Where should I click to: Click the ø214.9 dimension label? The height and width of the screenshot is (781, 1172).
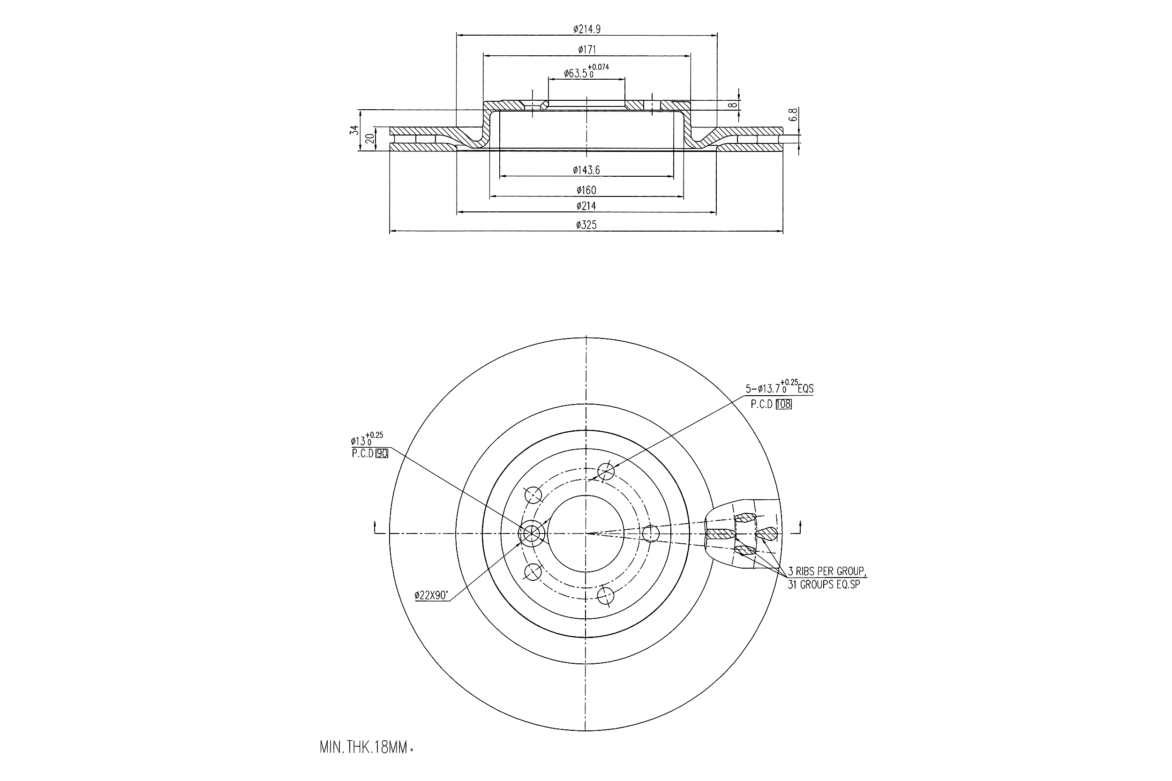[x=586, y=30]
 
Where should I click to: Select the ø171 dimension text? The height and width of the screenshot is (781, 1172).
[x=586, y=49]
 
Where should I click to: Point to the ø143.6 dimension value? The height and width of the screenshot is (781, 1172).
[x=586, y=170]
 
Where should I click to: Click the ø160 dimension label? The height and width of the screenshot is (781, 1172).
[x=586, y=190]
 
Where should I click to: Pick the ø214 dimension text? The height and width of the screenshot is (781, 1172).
[x=586, y=206]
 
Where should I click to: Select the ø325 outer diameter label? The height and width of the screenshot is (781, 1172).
[x=586, y=225]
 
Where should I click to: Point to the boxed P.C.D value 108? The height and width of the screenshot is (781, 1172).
[x=783, y=405]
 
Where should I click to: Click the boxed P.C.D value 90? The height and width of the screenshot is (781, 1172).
[x=382, y=453]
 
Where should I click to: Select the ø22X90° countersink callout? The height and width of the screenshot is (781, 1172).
[x=431, y=595]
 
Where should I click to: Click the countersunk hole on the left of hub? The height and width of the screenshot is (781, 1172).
[x=529, y=533]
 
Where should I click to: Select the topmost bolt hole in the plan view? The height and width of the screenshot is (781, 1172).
[x=606, y=470]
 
